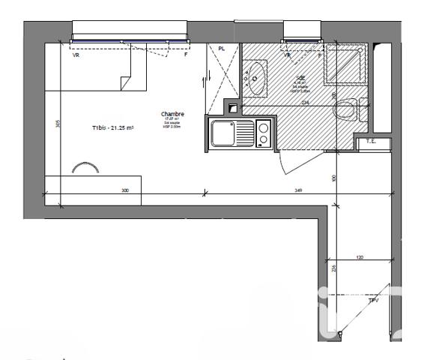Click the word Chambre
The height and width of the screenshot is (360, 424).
click(x=172, y=115)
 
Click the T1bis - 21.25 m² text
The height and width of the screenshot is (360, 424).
click(x=112, y=128)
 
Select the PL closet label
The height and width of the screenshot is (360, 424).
click(x=221, y=49)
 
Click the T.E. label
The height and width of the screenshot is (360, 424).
click(x=370, y=141)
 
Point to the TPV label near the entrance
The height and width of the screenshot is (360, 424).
click(x=373, y=300)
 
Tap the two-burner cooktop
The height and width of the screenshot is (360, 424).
click(x=263, y=134)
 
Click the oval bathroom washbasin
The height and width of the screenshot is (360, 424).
click(x=256, y=79)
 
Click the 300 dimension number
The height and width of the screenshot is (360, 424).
click(x=125, y=191)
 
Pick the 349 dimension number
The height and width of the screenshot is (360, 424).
click(x=277, y=191)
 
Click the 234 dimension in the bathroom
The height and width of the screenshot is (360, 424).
click(x=305, y=103)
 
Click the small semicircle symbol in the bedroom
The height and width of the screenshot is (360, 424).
click(x=85, y=168)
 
